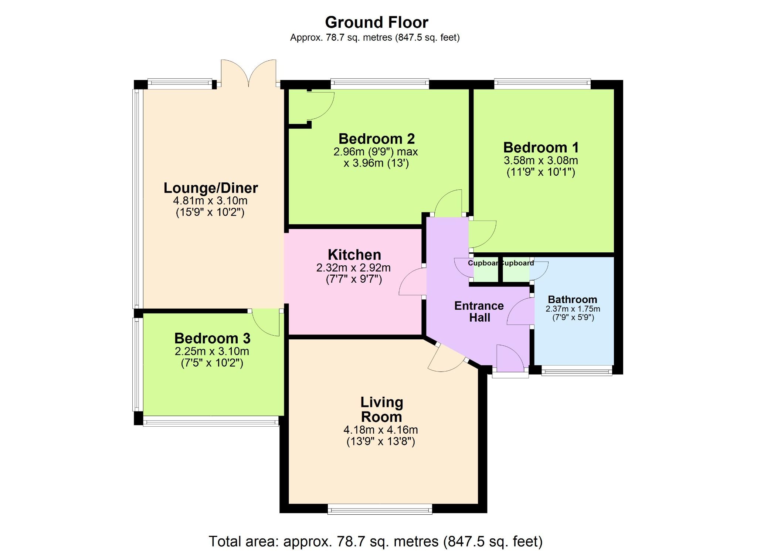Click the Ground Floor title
tap(376, 23)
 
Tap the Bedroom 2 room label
tap(376, 139)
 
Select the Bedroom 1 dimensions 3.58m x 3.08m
tap(540, 161)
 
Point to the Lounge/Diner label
tap(210, 188)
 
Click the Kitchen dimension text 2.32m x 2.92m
tap(353, 268)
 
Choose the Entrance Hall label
tap(479, 312)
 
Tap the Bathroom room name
tap(572, 299)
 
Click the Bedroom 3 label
tap(212, 338)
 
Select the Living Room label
tap(381, 409)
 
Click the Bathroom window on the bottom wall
tap(577, 370)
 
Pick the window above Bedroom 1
tap(542, 84)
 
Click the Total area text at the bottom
tap(376, 541)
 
